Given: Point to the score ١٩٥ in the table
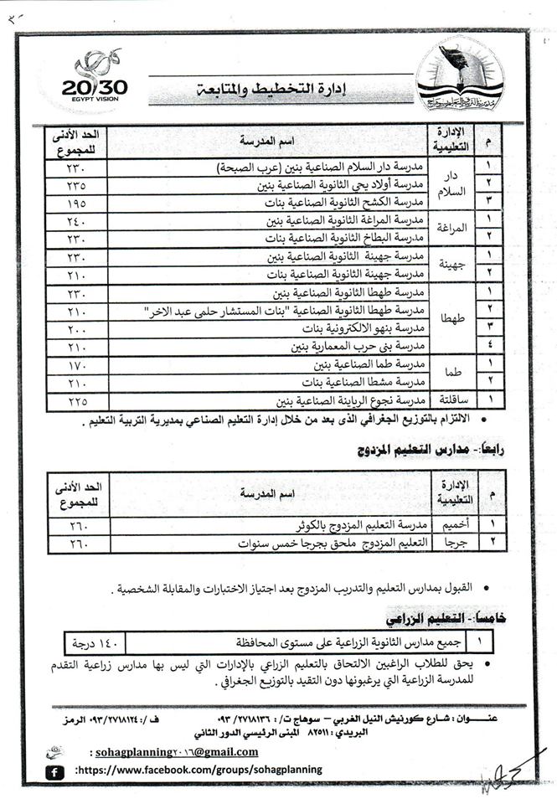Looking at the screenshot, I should [x=76, y=204].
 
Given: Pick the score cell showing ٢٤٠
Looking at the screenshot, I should [x=76, y=222].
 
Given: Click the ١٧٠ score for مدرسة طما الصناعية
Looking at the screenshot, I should [x=76, y=366].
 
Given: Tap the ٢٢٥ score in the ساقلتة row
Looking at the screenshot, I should [x=76, y=401].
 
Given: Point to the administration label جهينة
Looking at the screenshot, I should [x=446, y=266].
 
